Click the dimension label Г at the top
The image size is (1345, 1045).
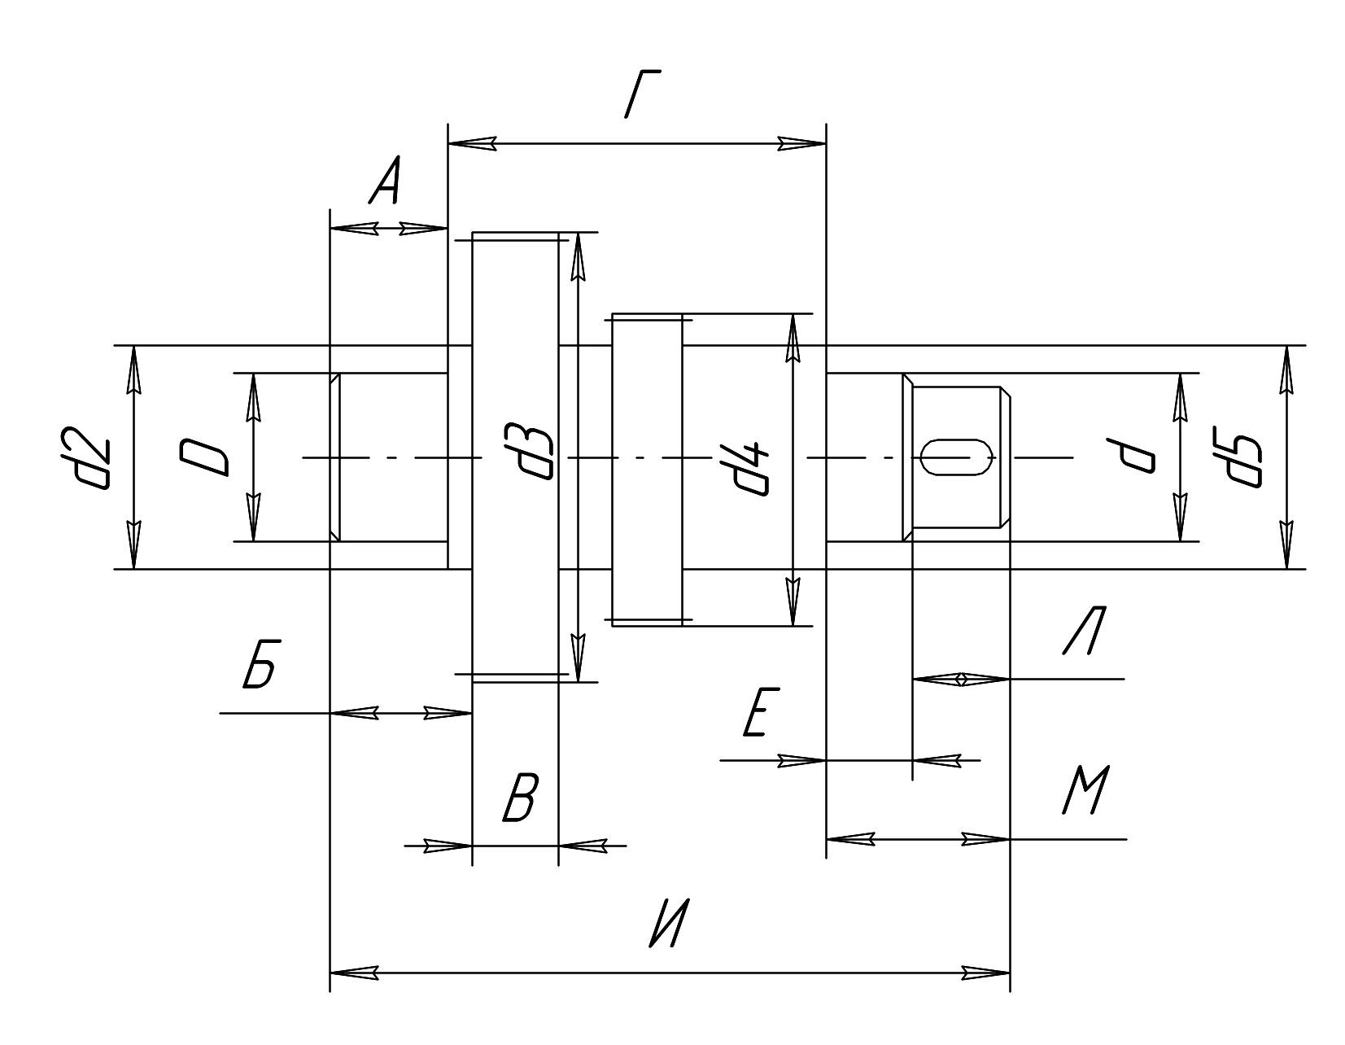[641, 94]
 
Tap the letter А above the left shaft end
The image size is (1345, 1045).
[385, 180]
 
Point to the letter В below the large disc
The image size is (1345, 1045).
[520, 798]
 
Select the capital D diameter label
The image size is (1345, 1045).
[204, 457]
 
